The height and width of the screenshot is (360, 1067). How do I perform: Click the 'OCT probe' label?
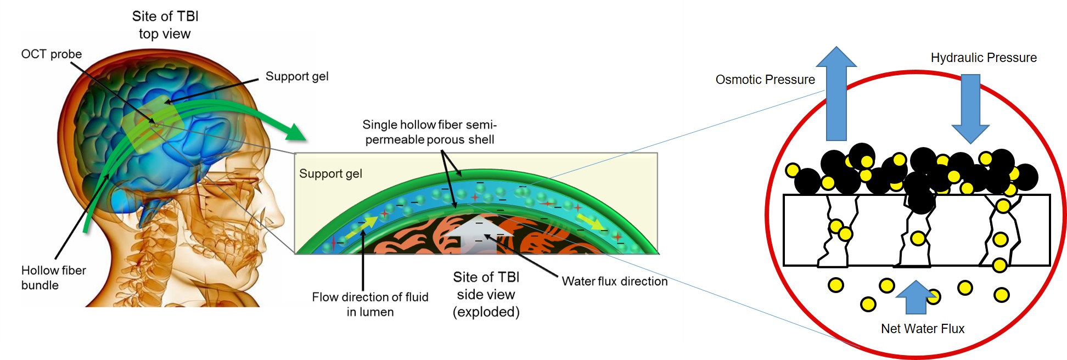(x=51, y=54)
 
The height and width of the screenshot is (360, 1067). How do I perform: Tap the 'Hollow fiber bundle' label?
(x=54, y=278)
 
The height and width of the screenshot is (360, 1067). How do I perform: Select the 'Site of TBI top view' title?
(x=165, y=25)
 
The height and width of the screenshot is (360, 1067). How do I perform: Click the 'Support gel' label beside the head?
(x=297, y=76)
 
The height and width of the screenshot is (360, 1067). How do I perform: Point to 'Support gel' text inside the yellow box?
(x=330, y=174)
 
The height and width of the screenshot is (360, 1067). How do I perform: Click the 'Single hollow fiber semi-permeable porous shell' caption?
(x=430, y=132)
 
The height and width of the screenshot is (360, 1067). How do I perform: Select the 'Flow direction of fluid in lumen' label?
(x=370, y=304)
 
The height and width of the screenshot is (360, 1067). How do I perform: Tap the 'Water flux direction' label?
(x=615, y=282)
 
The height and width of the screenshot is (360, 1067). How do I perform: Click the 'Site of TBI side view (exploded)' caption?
(x=486, y=295)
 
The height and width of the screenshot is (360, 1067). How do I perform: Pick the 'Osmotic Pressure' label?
(x=765, y=80)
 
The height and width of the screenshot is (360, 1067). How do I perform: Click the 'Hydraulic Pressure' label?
(x=984, y=58)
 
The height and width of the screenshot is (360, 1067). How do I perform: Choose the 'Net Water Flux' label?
(x=923, y=329)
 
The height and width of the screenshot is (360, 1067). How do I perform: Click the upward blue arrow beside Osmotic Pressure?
(x=836, y=93)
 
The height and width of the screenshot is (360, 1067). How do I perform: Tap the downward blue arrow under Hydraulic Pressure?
(x=970, y=109)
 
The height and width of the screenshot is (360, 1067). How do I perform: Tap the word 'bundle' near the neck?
(x=40, y=285)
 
